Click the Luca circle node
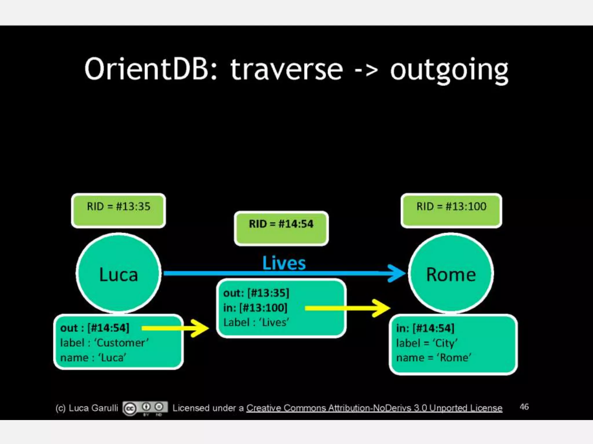coord(118,273)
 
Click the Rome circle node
coord(451,273)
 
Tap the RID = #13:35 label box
coord(118,210)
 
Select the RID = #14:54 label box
coord(281,228)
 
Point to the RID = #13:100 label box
coord(451,210)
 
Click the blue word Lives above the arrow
coord(284,263)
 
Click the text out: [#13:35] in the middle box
coord(256,293)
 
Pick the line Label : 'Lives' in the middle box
coord(256,322)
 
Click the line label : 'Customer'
coord(104,343)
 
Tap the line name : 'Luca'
coord(93,358)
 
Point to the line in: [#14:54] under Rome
coord(425,328)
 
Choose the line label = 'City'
coord(427,343)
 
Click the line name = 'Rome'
coord(433,358)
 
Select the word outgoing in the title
coord(449,71)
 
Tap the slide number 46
coord(524,407)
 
